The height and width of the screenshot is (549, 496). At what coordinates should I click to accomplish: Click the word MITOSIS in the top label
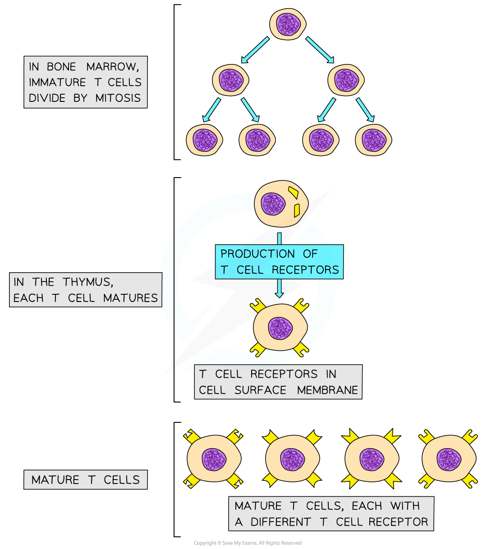(118, 98)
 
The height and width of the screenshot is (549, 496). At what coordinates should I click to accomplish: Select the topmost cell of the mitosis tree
(288, 24)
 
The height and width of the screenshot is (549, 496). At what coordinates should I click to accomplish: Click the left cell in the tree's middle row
(231, 80)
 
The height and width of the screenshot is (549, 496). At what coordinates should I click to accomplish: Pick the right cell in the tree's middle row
(346, 80)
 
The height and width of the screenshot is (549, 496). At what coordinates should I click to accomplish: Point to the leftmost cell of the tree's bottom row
(205, 140)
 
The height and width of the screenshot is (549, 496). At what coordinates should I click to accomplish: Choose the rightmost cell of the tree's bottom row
(373, 140)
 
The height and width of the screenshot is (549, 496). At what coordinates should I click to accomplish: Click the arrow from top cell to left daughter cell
(255, 50)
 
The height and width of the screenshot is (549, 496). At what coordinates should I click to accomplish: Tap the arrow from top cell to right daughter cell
(320, 50)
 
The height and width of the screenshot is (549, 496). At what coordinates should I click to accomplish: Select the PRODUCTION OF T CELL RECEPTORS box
(279, 262)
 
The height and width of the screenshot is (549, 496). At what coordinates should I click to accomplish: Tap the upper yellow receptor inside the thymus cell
(293, 192)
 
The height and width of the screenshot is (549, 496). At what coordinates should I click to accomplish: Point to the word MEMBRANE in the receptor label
(327, 390)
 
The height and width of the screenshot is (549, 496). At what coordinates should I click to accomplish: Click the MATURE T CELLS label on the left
(86, 480)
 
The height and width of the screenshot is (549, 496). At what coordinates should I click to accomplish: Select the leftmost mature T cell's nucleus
(214, 459)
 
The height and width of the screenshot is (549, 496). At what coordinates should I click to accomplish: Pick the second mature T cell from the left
(293, 459)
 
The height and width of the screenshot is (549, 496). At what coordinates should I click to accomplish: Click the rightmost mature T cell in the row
(449, 459)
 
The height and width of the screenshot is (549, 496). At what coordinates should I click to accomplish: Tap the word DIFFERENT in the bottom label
(280, 522)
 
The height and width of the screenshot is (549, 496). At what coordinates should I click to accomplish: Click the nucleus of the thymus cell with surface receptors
(280, 328)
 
